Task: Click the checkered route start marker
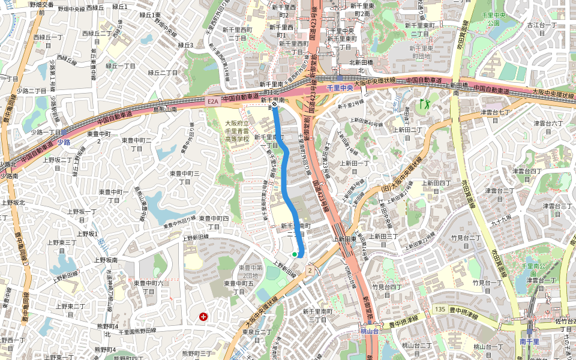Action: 274,103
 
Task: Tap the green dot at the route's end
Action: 295,254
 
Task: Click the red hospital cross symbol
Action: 203,316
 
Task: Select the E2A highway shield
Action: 213,102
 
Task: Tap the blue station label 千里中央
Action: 340,88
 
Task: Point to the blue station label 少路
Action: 64,142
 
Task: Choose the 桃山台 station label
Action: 370,331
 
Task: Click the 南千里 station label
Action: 529,341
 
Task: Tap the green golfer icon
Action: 425,104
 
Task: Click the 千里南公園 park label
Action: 533,269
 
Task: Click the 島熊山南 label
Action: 165,110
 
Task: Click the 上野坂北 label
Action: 13,202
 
